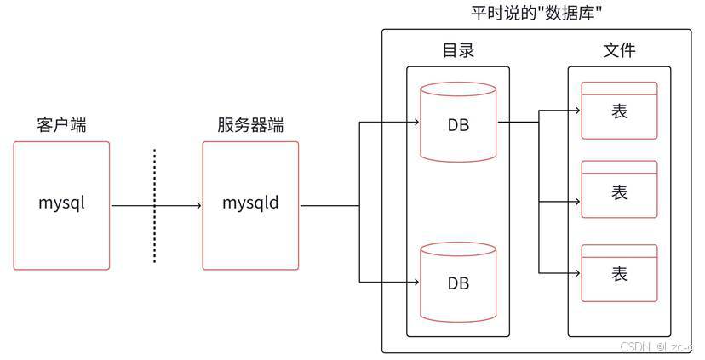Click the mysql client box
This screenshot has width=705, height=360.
point(61,206)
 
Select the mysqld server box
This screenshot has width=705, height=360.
point(250,206)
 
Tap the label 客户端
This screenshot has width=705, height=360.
point(61,125)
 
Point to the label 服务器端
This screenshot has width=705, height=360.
point(250,125)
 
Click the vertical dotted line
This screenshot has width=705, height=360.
point(155,206)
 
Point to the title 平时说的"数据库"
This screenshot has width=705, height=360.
point(536,13)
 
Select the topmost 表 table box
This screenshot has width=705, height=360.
point(619,110)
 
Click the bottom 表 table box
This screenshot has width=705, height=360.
point(619,272)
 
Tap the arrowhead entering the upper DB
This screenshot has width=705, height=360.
point(417,122)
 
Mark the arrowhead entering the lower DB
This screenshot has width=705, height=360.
point(417,281)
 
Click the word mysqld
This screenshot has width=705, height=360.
point(250,203)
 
